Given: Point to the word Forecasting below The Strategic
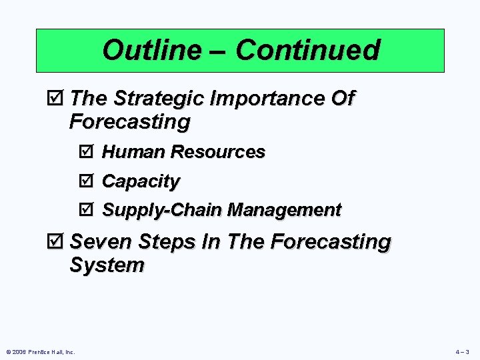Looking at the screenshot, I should (129, 123).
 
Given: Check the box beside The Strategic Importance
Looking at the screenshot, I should (58, 99).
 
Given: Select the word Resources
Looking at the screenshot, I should (217, 152).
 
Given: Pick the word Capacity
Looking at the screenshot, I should (141, 181).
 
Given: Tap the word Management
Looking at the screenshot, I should (284, 211).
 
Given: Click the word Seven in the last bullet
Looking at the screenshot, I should (99, 242).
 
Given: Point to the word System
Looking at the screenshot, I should (107, 265).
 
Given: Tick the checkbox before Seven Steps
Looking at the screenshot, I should (58, 242).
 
